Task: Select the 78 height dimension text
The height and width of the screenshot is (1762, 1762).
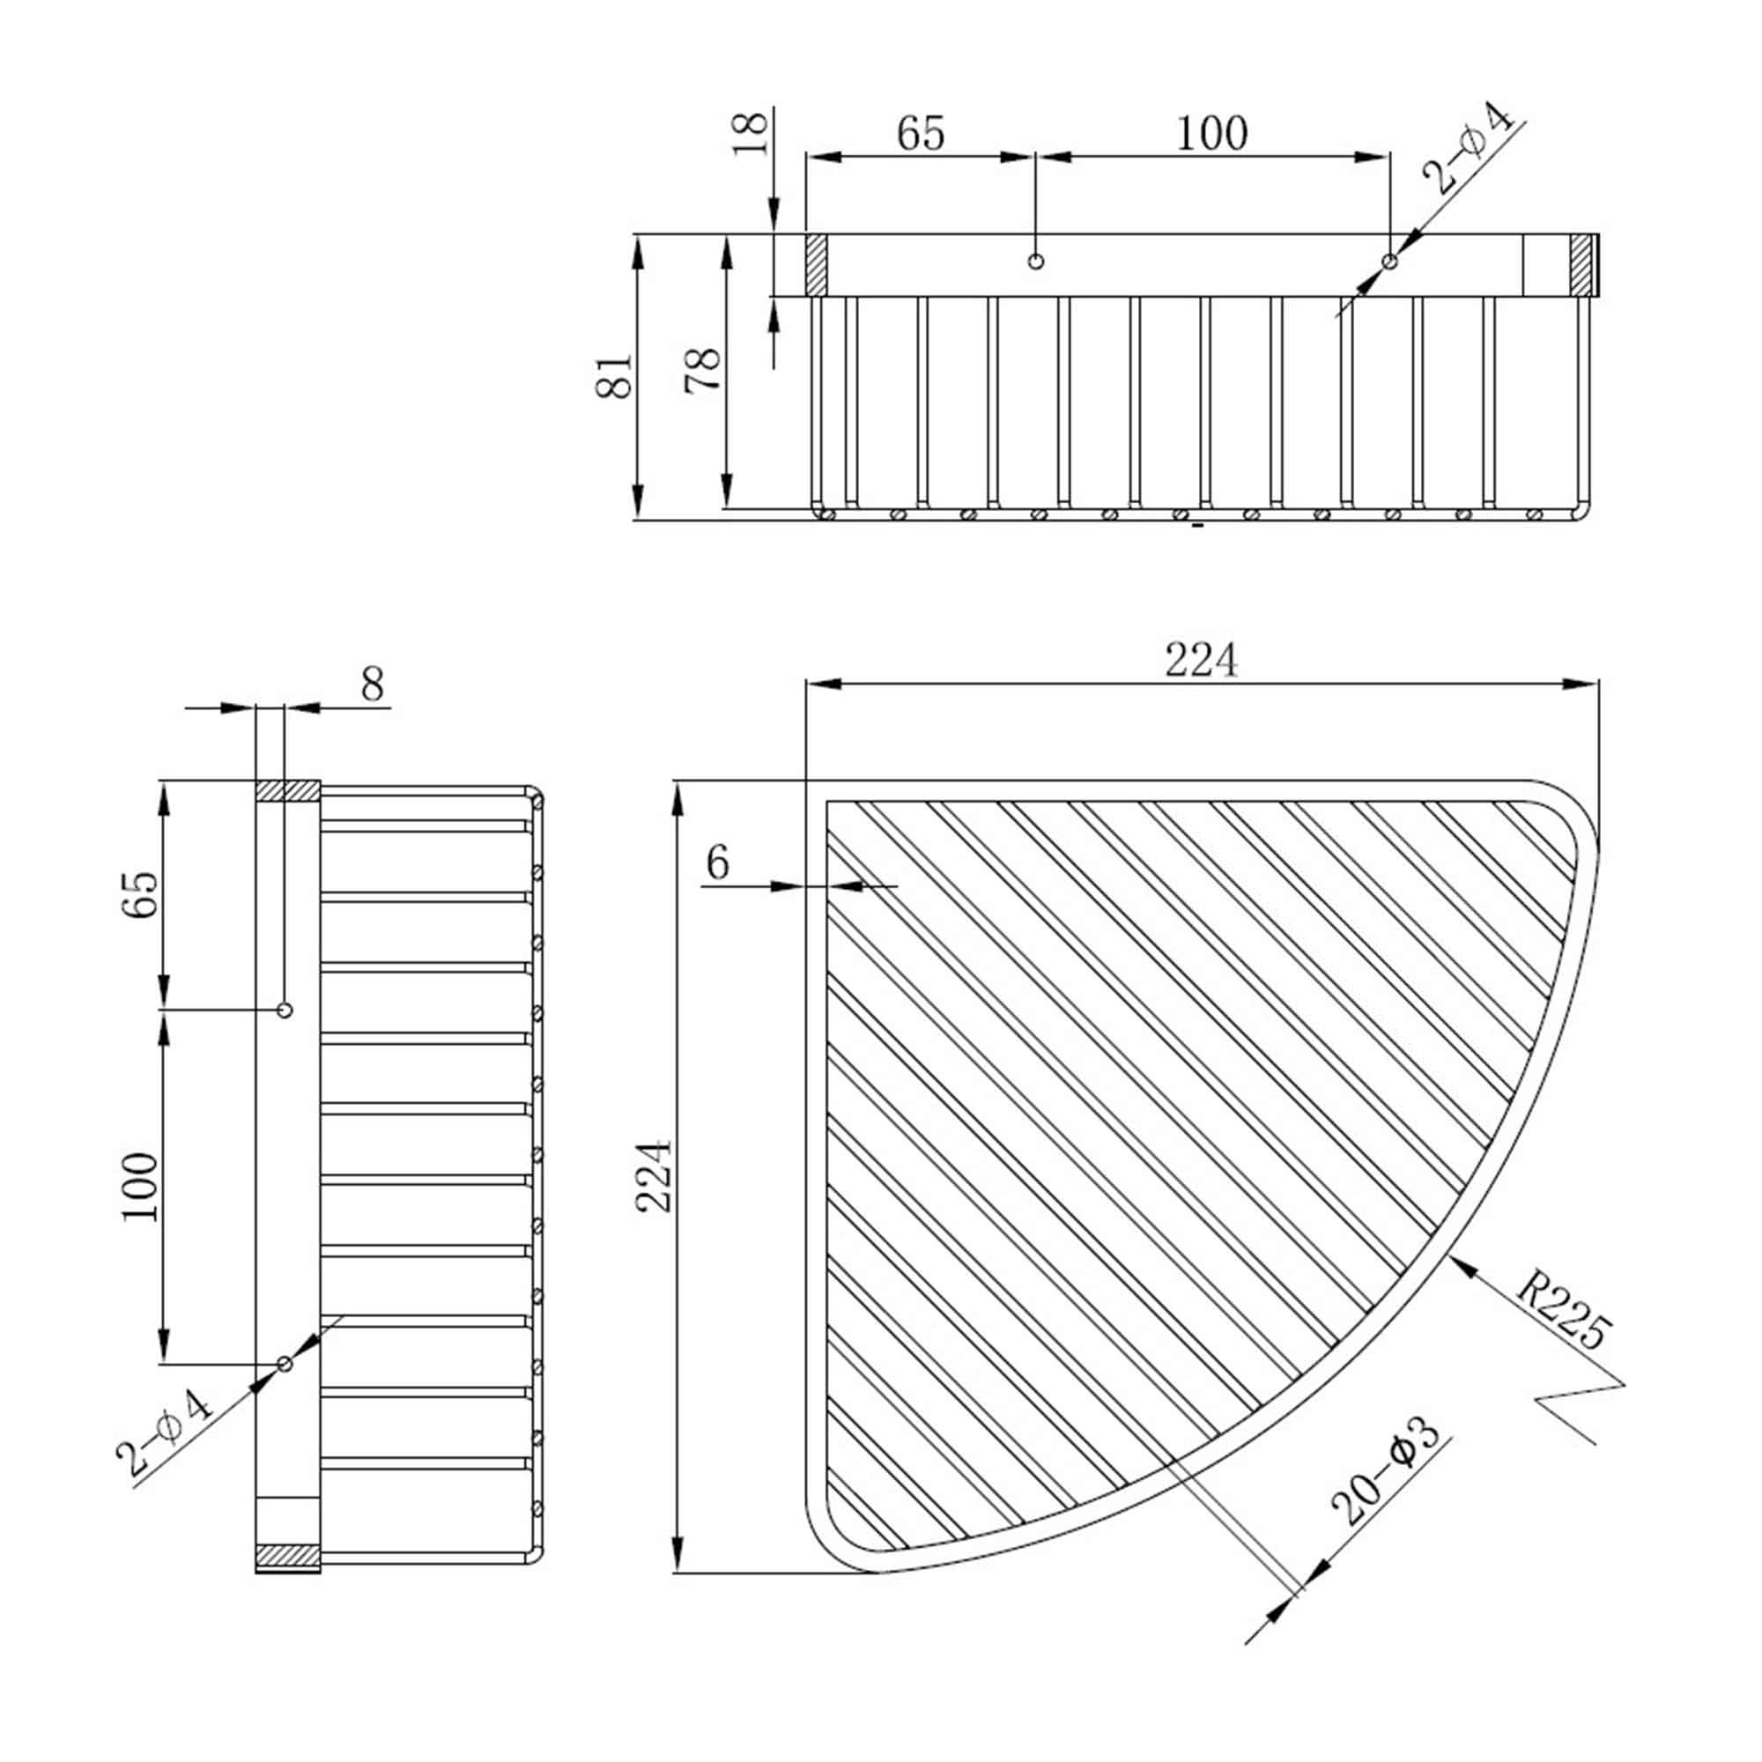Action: point(703,370)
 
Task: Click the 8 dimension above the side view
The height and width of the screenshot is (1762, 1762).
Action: point(372,684)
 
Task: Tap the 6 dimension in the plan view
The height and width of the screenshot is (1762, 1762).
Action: point(718,862)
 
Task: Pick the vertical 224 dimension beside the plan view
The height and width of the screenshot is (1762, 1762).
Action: point(654,1175)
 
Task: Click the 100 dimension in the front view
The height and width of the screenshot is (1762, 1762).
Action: point(1211,134)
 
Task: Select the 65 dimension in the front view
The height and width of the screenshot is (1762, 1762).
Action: point(921,134)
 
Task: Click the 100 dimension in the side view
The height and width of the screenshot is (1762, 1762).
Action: point(140,1187)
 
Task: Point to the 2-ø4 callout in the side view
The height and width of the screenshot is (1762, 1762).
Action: point(165,1433)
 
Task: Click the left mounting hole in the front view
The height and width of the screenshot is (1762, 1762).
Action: point(1035,262)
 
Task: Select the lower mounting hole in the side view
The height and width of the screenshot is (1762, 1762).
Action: point(285,1364)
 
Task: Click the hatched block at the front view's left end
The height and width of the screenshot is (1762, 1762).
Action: point(817,265)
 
